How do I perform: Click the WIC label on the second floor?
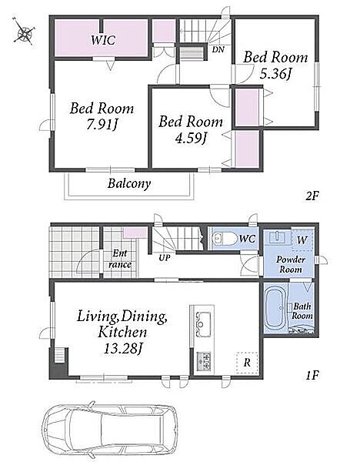pos(103,40)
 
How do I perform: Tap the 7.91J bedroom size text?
pos(102,126)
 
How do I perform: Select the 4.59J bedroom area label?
pos(190,138)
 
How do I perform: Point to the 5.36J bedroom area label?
pos(275,74)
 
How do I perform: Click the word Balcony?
pos(129,183)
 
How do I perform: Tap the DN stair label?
pos(218,49)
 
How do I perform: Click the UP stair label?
pos(165,258)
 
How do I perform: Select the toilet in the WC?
pos(225,239)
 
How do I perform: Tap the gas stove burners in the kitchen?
pos(204,361)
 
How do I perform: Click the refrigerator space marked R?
pos(247,363)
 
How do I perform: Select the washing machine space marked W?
pos(302,239)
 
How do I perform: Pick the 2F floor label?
pos(312,196)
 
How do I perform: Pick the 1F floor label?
pos(312,376)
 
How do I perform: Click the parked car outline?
pos(110,430)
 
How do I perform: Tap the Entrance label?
pos(119,259)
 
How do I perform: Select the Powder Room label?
pos(290,264)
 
